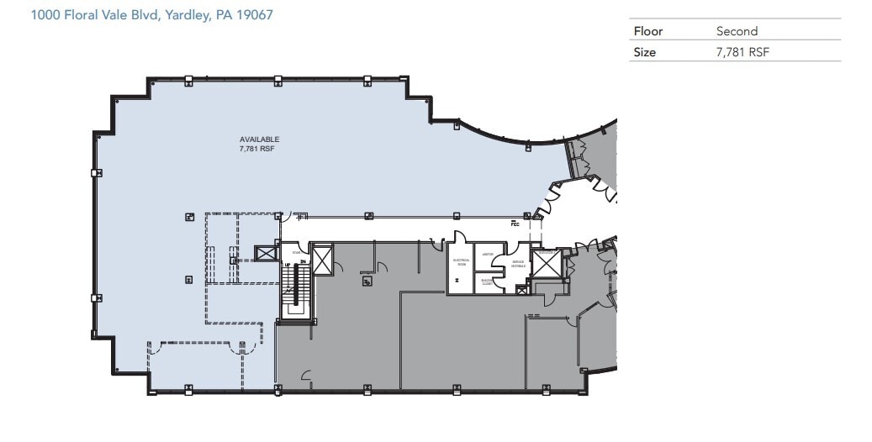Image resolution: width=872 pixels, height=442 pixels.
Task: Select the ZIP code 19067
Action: click(256, 15)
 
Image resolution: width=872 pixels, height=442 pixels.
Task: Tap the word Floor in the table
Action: click(647, 31)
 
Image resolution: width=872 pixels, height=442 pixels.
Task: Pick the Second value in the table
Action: click(737, 31)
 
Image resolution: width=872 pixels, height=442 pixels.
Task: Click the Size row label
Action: click(644, 52)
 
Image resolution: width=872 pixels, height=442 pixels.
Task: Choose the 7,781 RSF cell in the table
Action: click(743, 52)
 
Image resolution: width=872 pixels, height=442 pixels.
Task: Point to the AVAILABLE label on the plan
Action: click(259, 139)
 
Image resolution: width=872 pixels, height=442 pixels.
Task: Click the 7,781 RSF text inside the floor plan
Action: click(258, 148)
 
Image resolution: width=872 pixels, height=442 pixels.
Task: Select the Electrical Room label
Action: click(460, 262)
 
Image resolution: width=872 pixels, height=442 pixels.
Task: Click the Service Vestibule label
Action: click(519, 263)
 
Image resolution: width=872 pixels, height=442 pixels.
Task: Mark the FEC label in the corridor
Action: click(515, 224)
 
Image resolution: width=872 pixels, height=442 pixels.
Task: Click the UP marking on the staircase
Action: click(288, 265)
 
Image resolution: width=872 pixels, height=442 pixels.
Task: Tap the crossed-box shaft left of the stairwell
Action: click(267, 254)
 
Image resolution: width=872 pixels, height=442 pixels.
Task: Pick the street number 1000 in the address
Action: click(45, 15)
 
